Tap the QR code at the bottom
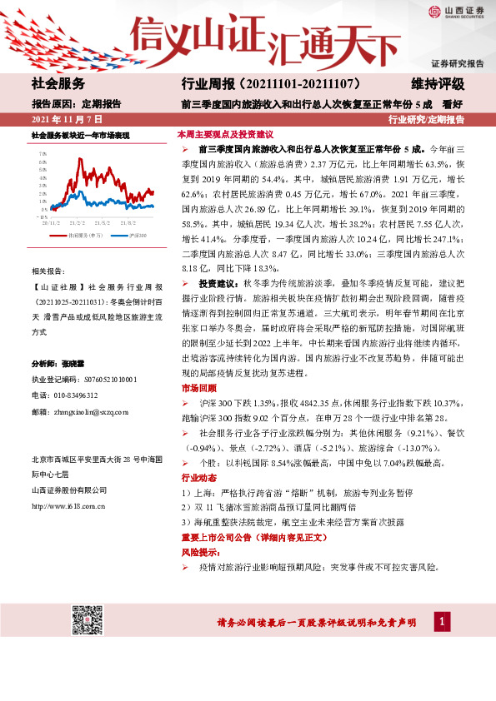pyautogui.click(x=87, y=621)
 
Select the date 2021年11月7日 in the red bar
pyautogui.click(x=67, y=120)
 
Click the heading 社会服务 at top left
pyautogui.click(x=58, y=84)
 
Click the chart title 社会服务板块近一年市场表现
pyautogui.click(x=80, y=135)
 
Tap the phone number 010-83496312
pyautogui.click(x=74, y=395)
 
